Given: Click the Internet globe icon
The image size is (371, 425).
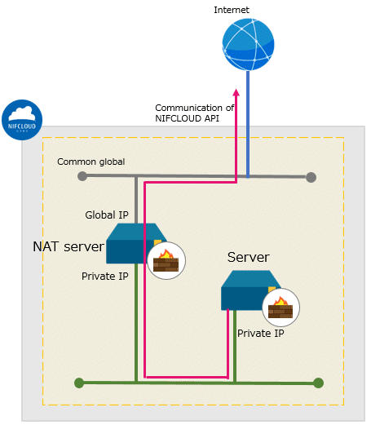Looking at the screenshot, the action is point(248,45).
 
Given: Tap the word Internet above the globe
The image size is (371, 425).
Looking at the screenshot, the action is point(232,10).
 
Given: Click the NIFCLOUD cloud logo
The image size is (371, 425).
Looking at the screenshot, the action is point(22,120).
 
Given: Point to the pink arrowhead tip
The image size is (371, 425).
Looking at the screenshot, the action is point(236,89).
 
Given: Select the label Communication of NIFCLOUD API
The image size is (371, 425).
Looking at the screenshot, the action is point(194,113).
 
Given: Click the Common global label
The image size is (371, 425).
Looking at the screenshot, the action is point(91,162).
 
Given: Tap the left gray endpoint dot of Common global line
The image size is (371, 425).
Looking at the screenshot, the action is point(82,176).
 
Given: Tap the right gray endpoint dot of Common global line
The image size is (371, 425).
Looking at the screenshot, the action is point(311,177).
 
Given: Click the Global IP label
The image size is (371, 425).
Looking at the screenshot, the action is point(107,215).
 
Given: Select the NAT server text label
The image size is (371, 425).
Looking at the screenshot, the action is point(68,246).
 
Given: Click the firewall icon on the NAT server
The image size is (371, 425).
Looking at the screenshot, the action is point(166,260).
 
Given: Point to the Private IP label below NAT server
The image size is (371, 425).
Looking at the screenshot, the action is point(105,277).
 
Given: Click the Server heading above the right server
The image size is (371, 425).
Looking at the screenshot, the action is point(249,257).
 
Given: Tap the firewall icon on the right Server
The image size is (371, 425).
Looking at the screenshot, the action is point(280,308).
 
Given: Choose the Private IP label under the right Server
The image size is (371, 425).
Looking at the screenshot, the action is point(261,334).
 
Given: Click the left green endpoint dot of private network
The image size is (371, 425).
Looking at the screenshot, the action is point(79,383).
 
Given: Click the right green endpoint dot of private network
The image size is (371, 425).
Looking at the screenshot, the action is point(318,383).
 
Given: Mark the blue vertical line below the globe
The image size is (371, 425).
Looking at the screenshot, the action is point(248,125).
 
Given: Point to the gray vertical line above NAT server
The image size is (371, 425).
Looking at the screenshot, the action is point(136,200).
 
